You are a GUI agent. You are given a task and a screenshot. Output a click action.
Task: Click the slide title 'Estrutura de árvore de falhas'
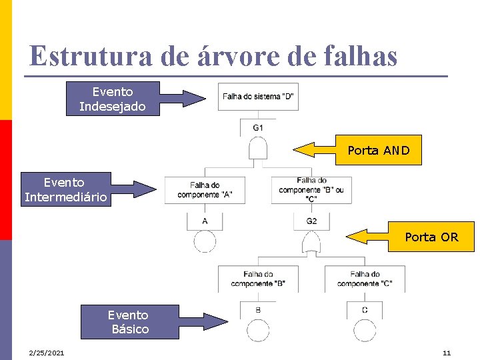point(213,56)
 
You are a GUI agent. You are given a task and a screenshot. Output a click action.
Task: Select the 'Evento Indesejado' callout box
point(113,99)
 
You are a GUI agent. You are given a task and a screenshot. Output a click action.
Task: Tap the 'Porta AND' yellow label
point(378,151)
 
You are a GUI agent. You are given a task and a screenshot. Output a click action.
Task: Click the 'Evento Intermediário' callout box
point(65,189)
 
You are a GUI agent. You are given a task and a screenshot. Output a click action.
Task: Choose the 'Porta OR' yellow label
point(431,237)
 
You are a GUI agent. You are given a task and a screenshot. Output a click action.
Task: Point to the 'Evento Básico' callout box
point(130,322)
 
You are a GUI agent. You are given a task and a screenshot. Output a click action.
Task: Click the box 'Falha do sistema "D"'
point(258,97)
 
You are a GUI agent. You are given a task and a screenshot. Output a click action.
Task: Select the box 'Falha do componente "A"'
point(205,190)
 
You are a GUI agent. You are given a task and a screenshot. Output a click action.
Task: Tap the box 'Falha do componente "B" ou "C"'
point(311,189)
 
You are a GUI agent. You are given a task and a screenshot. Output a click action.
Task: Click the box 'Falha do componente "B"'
point(258,279)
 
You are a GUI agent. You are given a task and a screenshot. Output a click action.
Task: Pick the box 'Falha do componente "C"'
point(365,279)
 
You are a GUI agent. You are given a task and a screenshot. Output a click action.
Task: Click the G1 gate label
point(258,127)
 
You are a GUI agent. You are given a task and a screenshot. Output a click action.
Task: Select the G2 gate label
point(311,221)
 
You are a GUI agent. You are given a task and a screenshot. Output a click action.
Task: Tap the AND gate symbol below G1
point(258,149)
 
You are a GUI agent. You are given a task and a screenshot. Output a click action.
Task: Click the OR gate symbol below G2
point(311,243)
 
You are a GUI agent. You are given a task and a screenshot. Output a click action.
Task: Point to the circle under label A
point(205,241)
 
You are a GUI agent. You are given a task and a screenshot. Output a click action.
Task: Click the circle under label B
point(258,331)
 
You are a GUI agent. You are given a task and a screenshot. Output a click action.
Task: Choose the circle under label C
point(365,331)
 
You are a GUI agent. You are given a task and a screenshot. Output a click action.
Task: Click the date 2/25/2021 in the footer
point(46,352)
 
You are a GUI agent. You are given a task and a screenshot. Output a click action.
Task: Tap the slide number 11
point(447,352)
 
